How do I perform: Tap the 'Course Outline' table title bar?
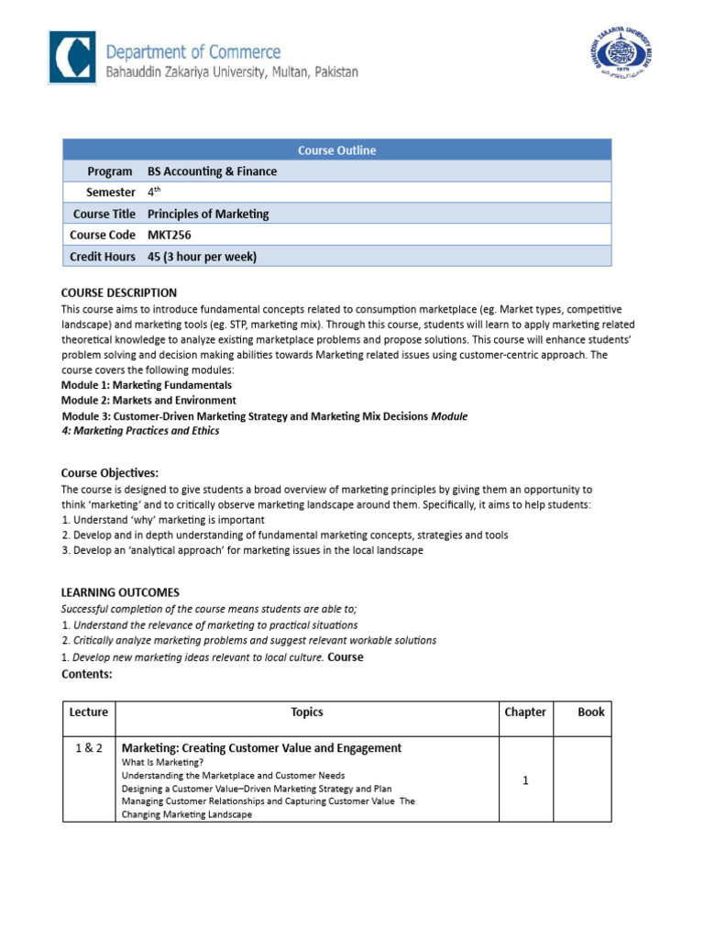336,150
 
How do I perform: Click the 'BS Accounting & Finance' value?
212,171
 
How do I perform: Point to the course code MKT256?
170,235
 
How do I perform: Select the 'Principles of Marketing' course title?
208,214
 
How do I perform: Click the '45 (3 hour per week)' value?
202,257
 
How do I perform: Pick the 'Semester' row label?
110,193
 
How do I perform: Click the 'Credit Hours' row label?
104,257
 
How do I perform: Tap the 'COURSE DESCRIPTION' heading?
118,293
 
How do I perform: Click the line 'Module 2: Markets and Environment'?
148,401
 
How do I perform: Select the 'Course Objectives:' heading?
110,472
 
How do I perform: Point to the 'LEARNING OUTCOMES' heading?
120,592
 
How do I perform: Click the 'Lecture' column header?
89,713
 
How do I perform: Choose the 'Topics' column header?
306,713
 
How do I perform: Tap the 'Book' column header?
590,713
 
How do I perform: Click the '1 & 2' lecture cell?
89,748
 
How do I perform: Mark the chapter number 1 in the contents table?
525,780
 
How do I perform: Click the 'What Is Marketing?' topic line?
162,762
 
